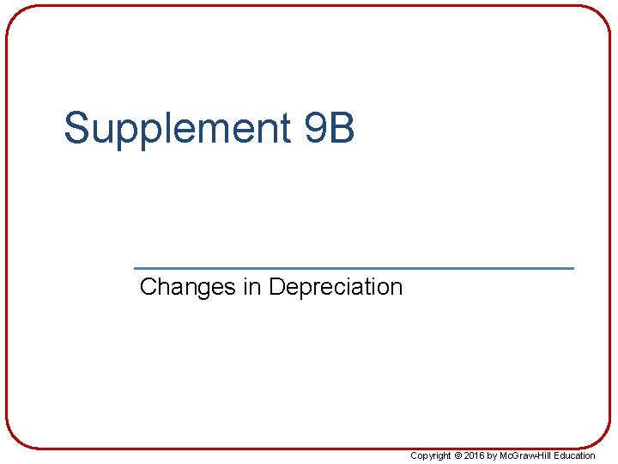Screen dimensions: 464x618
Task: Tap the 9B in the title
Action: coord(330,127)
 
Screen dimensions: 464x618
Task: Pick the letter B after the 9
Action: coord(341,127)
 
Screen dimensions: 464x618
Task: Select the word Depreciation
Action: coord(335,287)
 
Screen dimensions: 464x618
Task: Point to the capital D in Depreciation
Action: coord(276,286)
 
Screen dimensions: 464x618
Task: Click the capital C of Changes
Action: coord(148,286)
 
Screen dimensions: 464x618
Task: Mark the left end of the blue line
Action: coord(136,268)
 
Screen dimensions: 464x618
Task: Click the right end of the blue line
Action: coord(573,268)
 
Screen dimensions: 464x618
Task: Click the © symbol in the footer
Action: coord(458,455)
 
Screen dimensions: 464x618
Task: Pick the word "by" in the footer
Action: coord(493,455)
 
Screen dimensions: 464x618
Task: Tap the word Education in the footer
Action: coord(574,455)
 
